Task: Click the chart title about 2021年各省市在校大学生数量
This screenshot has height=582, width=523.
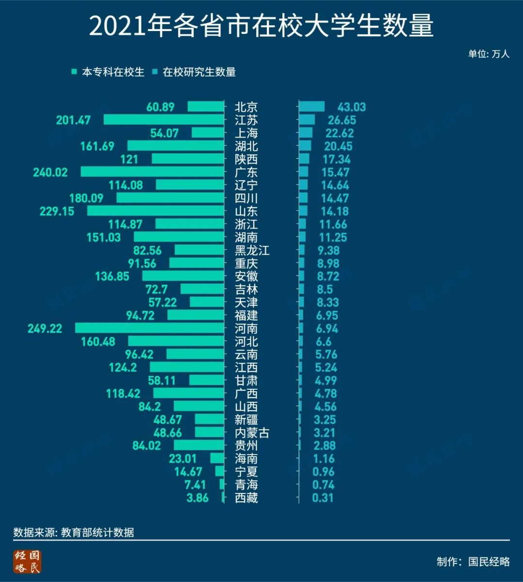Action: (261, 27)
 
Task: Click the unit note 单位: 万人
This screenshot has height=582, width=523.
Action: (489, 54)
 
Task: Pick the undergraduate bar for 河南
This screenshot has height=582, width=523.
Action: (150, 328)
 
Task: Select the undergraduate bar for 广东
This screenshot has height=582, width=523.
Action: (152, 172)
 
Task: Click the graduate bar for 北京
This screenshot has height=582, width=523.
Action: (312, 107)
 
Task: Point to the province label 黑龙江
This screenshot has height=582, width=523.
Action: (252, 250)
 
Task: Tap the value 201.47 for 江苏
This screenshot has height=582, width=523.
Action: (73, 120)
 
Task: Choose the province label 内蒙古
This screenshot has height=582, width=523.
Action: (252, 433)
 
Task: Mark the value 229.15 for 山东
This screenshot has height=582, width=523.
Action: (57, 211)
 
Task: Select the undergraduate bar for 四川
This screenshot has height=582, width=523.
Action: (170, 198)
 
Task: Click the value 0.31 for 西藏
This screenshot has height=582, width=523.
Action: (323, 498)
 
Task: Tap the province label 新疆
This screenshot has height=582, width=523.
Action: (246, 420)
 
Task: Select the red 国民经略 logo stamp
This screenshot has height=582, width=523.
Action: (28, 562)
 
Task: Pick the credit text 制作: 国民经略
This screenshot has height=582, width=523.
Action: (473, 562)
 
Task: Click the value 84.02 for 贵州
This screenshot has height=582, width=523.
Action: (146, 445)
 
